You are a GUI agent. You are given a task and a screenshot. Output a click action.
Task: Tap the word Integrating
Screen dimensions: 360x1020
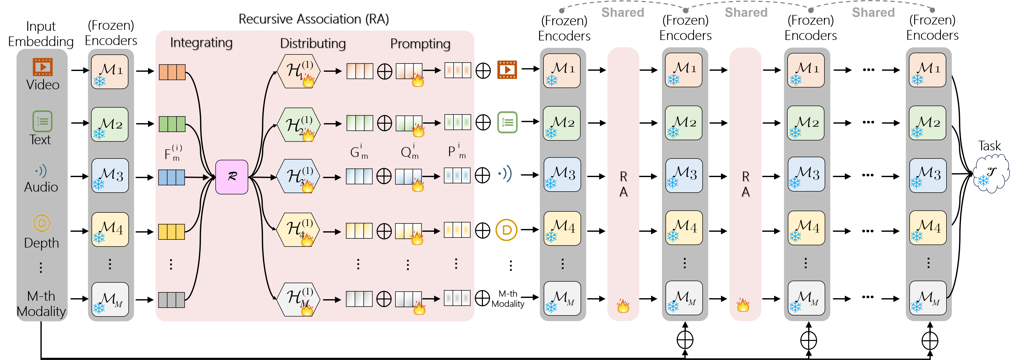[202, 43]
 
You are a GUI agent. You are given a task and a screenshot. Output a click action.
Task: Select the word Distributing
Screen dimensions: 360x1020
[313, 44]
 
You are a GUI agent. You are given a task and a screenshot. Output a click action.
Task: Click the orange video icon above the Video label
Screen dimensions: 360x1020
[42, 67]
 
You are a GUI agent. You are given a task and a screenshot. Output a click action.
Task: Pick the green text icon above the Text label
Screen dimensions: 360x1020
[42, 121]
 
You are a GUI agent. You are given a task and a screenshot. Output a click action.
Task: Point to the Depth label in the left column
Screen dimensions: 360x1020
[41, 243]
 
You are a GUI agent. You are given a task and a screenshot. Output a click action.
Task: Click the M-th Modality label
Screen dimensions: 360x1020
[41, 304]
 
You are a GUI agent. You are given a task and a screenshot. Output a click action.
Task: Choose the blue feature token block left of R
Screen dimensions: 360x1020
[171, 177]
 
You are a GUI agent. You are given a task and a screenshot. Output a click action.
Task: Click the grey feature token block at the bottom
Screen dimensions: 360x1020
[171, 300]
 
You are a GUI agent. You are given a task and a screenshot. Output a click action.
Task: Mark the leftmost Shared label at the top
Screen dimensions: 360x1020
[623, 12]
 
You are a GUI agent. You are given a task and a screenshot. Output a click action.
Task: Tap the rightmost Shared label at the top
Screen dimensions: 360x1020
[873, 12]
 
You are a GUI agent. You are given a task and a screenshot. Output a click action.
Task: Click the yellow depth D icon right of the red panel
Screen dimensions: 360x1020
[506, 230]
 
